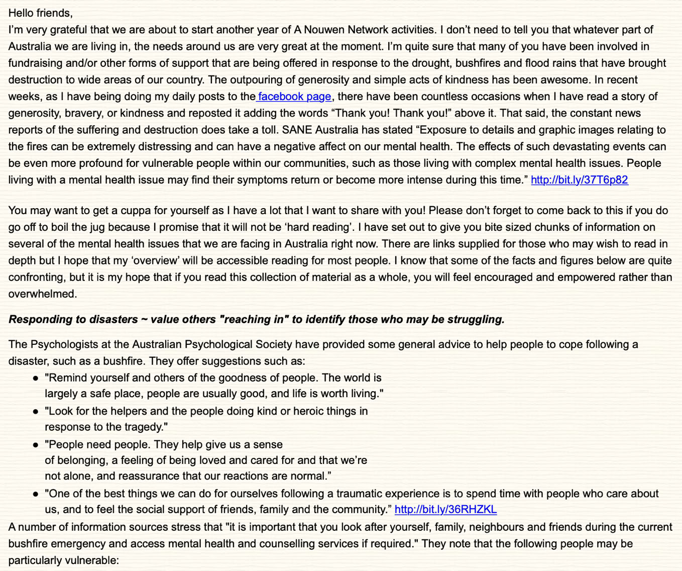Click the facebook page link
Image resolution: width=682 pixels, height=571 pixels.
pos(295,97)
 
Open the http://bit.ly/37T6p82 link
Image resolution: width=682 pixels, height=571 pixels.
pos(579,180)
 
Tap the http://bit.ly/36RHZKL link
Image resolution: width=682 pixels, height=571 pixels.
pos(445,510)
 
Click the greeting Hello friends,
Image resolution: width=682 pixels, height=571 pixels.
pos(41,13)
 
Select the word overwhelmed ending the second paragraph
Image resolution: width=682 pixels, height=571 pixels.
pos(43,294)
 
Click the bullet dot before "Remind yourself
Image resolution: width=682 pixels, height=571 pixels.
pos(35,378)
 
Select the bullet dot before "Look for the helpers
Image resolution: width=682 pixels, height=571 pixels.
pos(35,412)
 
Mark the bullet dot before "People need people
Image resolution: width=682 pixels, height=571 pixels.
pos(35,445)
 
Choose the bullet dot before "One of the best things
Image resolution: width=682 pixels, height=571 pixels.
pos(35,494)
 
